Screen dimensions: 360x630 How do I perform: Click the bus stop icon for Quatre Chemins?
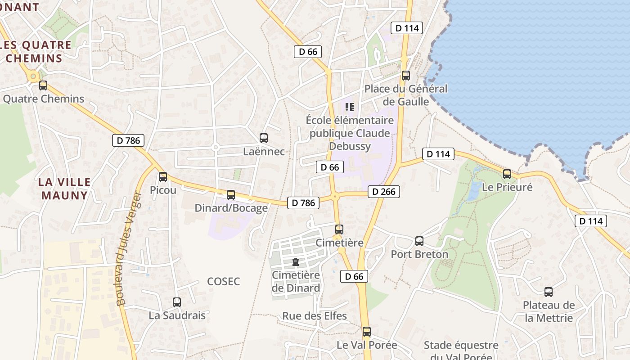click(43, 85)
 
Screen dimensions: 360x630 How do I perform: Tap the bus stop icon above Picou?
click(163, 177)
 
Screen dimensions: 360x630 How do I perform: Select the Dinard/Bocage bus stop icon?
click(231, 194)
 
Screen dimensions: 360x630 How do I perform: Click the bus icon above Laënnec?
click(264, 138)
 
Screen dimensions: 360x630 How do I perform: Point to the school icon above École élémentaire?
click(350, 107)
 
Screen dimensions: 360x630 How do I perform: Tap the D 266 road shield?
click(384, 192)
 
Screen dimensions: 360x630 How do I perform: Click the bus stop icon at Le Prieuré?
click(507, 174)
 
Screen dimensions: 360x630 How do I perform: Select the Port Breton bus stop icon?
click(419, 241)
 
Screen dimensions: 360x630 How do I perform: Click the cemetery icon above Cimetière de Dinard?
click(296, 262)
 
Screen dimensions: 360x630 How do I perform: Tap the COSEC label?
click(224, 282)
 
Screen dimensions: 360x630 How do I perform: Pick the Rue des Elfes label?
click(315, 316)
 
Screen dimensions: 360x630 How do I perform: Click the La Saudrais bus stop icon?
click(177, 302)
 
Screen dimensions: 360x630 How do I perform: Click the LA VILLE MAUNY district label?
click(64, 189)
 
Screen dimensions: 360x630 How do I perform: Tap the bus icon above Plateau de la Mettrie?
click(549, 292)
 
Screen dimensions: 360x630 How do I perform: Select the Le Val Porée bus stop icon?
click(367, 332)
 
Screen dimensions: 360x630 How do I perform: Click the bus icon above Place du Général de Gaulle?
click(406, 75)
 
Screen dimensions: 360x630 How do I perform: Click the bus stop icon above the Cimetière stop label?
click(339, 229)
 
